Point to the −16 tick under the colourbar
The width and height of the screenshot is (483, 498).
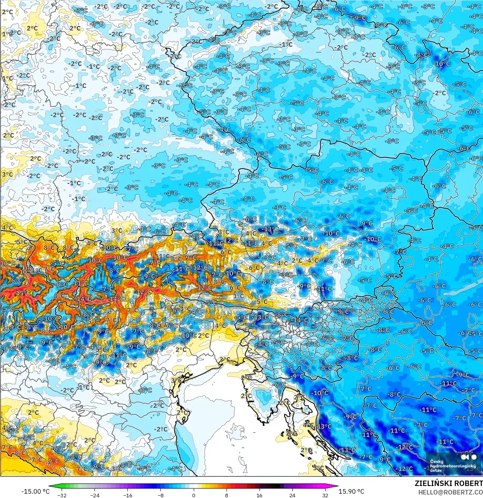click(x=127, y=495)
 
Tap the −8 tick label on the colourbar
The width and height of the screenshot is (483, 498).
click(x=160, y=495)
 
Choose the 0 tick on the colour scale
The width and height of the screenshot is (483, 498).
click(x=193, y=495)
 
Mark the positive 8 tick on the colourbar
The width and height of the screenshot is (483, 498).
click(x=226, y=495)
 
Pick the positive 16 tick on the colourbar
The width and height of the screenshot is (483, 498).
click(x=259, y=495)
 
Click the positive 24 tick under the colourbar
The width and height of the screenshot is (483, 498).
click(x=292, y=495)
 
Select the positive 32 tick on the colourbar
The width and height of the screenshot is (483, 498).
click(x=325, y=495)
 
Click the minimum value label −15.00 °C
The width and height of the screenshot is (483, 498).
click(x=35, y=491)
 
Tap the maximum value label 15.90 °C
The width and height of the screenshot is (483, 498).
click(x=351, y=491)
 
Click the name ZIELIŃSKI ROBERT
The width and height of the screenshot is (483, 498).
click(x=449, y=484)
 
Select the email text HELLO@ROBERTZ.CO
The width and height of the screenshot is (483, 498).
click(x=450, y=492)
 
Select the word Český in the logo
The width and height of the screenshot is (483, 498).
click(x=437, y=462)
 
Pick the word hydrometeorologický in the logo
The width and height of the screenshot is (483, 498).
click(x=452, y=466)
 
